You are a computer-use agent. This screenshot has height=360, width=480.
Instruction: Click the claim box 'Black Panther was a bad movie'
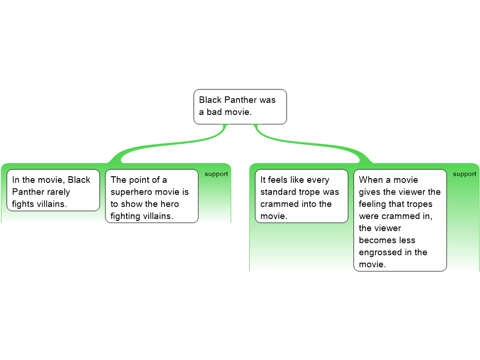[240, 106]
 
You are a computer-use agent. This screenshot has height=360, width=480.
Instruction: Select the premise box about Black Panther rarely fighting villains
[53, 190]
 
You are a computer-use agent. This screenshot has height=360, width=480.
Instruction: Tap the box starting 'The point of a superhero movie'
[151, 196]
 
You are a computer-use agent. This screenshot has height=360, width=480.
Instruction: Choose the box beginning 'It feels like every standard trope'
[301, 196]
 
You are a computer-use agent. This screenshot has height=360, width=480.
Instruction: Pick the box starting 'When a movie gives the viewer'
[400, 220]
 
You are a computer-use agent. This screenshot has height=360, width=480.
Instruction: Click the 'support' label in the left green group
[216, 174]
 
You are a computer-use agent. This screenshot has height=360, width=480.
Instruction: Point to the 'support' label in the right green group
[465, 174]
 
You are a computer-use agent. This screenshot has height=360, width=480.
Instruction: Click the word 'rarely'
[58, 192]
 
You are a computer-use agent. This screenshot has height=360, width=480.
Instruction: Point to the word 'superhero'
[131, 192]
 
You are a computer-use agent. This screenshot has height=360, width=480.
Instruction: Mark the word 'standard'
[278, 192]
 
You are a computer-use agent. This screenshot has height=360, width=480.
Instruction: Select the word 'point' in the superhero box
[140, 180]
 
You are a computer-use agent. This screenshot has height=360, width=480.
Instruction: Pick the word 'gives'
[370, 192]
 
